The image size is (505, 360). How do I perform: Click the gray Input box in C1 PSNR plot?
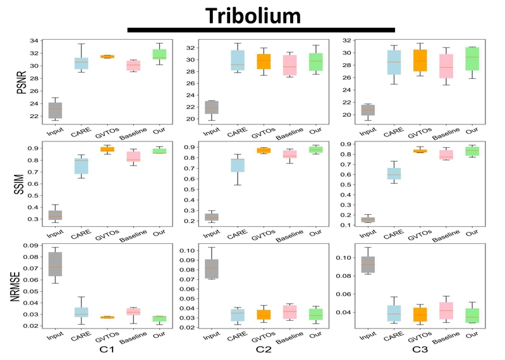pos(55,110)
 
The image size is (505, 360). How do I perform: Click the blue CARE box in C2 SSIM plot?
pos(219,165)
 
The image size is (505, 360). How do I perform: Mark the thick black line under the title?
pos(261,29)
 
